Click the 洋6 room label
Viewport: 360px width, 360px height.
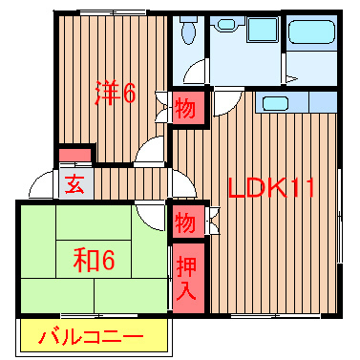pos(115,93)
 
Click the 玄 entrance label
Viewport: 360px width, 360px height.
pos(74,183)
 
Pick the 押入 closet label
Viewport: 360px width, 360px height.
pos(186,276)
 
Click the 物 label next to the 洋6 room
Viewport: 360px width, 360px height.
pos(185,109)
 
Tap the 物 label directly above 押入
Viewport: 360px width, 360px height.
pos(185,224)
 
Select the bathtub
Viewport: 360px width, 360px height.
pos(314,36)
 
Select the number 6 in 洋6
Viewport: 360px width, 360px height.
pos(130,93)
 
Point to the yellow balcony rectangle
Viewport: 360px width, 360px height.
pos(95,336)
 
